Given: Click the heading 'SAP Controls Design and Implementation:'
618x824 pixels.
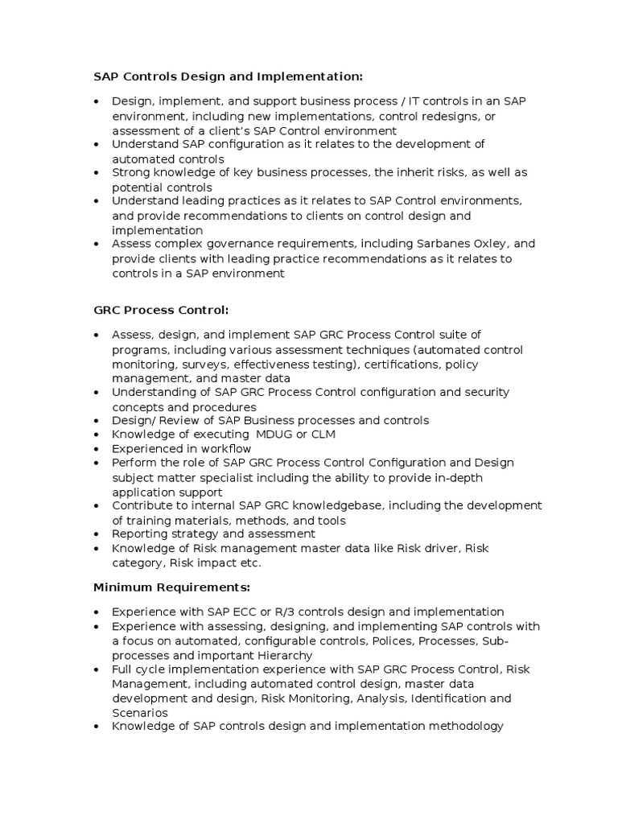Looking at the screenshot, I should point(229,76).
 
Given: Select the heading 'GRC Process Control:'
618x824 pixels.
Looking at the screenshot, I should point(161,309).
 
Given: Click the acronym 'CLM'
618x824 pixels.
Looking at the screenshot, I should point(319,435).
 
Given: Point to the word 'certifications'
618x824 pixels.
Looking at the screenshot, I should point(409,365).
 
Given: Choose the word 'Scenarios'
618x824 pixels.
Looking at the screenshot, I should point(140,712).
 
